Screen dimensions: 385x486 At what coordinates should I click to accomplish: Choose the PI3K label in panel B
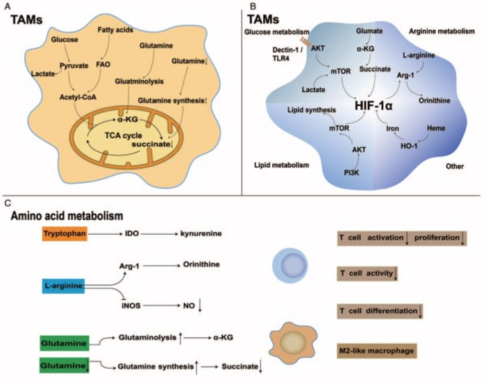coord(335,170)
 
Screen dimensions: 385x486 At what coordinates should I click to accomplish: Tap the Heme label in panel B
coord(433,129)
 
